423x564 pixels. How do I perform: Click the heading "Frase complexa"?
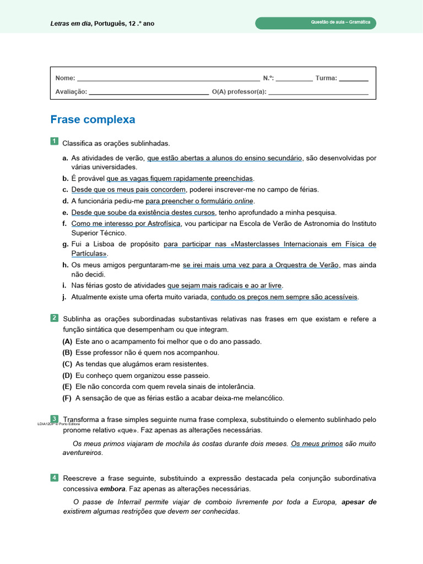(93, 120)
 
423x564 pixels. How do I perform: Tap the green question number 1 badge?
(54, 142)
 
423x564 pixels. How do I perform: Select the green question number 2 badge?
(54, 318)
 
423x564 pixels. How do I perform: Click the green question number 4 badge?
(54, 477)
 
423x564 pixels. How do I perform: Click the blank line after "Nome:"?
(168, 79)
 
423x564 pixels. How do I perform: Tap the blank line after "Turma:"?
(353, 79)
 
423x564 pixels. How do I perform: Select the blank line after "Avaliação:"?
(149, 93)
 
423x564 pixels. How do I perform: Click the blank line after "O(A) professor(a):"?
(318, 93)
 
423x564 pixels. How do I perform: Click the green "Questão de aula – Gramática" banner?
(316, 23)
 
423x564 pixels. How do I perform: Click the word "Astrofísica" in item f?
(163, 223)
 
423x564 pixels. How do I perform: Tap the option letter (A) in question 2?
(67, 341)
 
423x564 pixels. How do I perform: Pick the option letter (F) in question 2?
(67, 398)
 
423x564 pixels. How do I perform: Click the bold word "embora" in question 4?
(111, 489)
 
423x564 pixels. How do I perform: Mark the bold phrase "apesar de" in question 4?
(359, 502)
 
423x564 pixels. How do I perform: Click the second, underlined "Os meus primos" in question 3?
(317, 443)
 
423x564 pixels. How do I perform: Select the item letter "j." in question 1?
(65, 297)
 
